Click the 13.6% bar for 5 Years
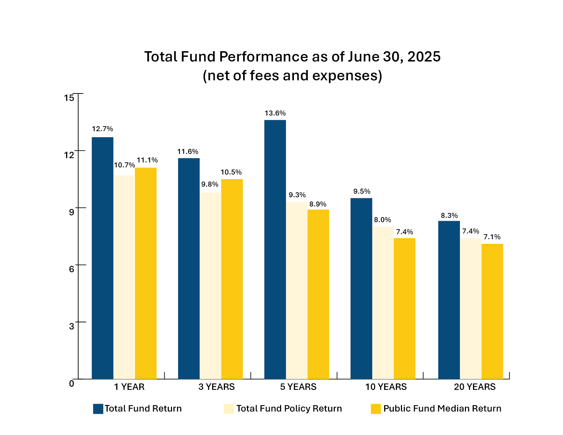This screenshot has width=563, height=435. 275,249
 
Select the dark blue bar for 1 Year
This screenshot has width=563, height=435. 102,258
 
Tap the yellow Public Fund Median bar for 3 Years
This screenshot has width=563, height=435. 232,279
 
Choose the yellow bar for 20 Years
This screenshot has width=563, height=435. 492,311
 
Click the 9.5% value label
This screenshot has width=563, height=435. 361,192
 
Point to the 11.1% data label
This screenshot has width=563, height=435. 147,160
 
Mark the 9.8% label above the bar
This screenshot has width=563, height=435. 210,184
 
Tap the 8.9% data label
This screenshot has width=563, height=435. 318,204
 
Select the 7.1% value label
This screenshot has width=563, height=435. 492,237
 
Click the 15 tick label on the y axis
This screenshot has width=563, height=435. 69,98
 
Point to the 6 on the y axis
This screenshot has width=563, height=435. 71,269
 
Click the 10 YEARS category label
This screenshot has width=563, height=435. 386,387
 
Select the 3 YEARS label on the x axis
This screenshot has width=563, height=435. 216,387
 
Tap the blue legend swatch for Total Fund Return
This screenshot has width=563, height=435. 98,409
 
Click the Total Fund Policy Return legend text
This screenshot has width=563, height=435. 289,409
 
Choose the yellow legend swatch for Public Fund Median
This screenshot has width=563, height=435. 376,409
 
